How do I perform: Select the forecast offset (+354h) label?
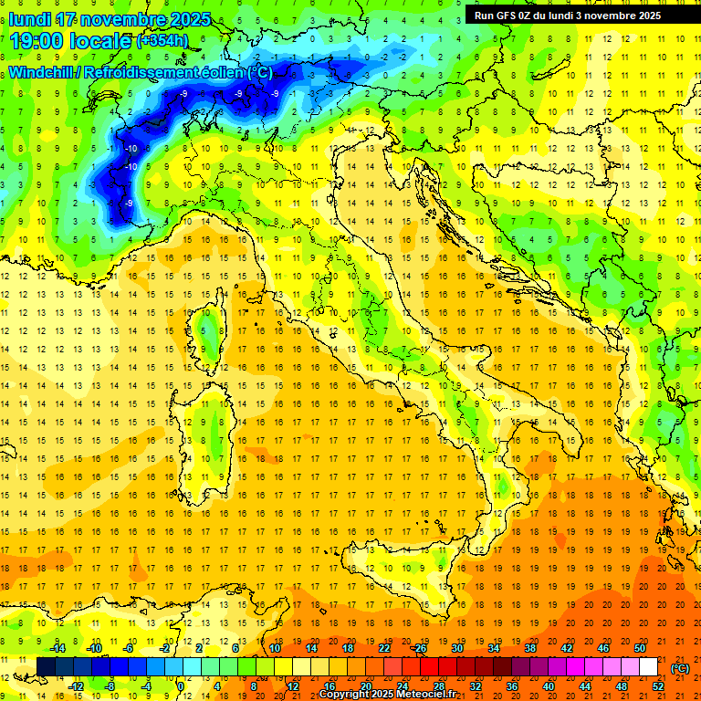coord(163,41)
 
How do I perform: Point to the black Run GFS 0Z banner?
coord(574,16)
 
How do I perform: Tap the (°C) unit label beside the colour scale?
coord(681,668)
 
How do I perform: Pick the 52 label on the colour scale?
coord(658,686)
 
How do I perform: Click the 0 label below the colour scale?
coord(181,686)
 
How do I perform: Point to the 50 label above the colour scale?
coord(640,648)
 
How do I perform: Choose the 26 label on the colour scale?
coord(421,648)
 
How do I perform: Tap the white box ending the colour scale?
coord(648,667)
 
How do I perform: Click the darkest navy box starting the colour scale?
coord(46,667)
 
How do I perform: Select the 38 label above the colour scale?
coord(530,648)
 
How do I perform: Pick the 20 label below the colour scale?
coord(366,686)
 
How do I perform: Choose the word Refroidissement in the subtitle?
coord(141,72)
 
